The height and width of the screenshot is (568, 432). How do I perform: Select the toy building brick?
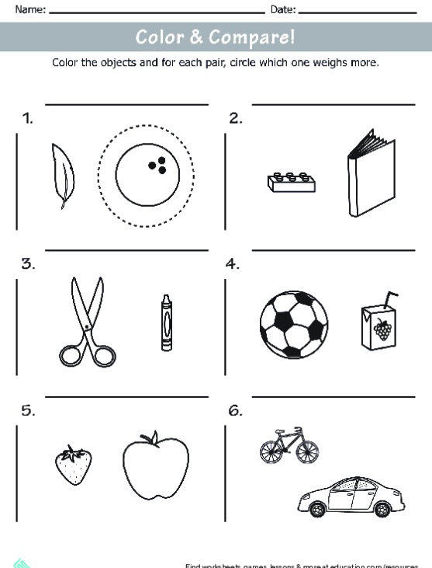point(291,182)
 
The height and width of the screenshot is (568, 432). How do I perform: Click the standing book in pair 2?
point(369,173)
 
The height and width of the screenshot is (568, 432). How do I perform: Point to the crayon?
point(166,322)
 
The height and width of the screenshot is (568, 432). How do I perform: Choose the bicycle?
point(289,447)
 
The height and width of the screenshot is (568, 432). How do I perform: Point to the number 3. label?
point(29,264)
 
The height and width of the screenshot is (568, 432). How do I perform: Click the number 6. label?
point(235,411)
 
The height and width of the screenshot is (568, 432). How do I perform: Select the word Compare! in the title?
point(257,37)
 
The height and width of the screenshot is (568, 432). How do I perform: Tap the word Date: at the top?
point(283,9)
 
